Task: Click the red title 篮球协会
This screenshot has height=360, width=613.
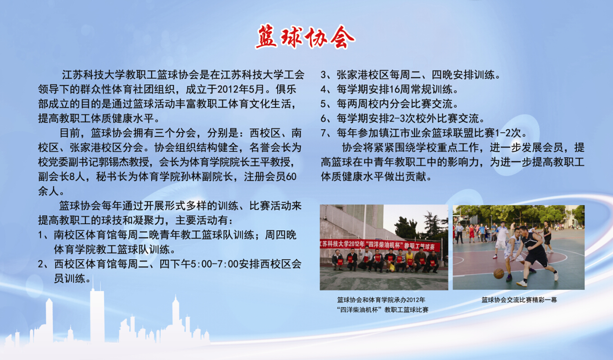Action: [x=305, y=37]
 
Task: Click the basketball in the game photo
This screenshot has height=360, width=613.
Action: [x=499, y=273]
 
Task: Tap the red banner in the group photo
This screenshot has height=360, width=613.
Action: [x=381, y=245]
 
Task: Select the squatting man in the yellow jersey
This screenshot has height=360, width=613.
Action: [x=409, y=260]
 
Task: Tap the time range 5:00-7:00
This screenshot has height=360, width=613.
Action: [x=214, y=264]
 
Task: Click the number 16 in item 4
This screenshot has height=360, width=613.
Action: [x=395, y=89]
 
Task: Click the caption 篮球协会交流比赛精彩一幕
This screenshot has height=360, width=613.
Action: [x=519, y=300]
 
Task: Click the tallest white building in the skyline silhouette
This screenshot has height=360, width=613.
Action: [x=97, y=315]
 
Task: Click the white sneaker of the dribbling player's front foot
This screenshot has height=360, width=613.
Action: [x=522, y=283]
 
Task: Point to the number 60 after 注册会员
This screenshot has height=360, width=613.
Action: [x=291, y=177]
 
